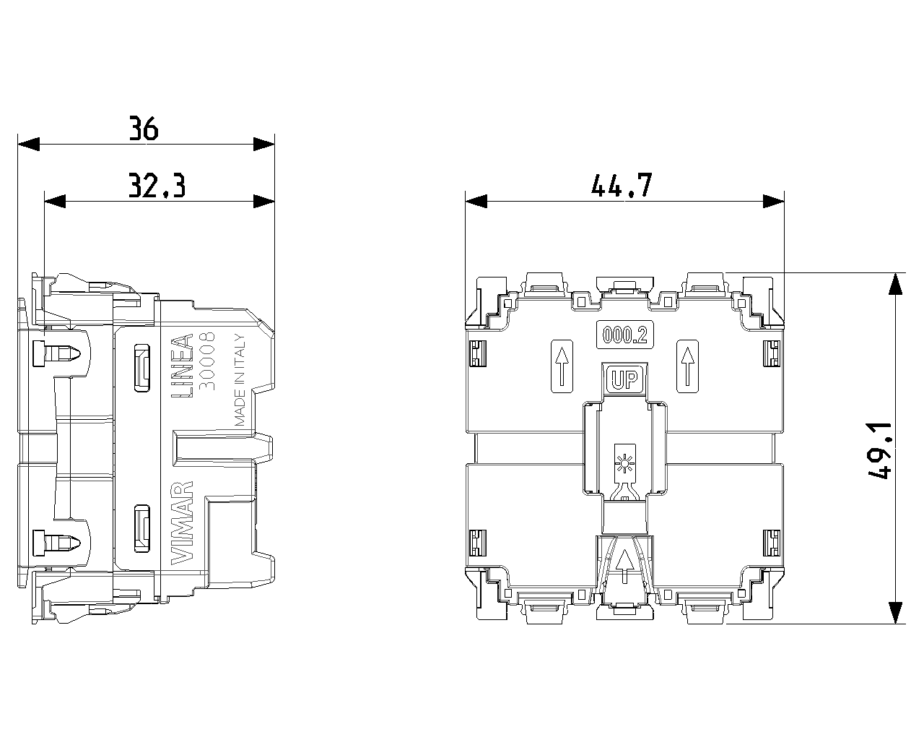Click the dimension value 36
[144, 128]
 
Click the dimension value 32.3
[157, 185]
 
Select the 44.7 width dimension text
[622, 185]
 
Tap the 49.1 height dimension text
[880, 450]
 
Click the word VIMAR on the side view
[183, 523]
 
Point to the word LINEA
[183, 366]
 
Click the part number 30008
[208, 361]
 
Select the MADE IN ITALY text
[240, 380]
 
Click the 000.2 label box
[624, 335]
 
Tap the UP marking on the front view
[624, 379]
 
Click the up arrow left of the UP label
[562, 366]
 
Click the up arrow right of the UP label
[687, 366]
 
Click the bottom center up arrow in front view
[624, 566]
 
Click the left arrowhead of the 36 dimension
[28, 145]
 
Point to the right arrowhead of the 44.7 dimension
[773, 201]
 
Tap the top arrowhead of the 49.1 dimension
[895, 284]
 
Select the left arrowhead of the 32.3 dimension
[55, 201]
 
